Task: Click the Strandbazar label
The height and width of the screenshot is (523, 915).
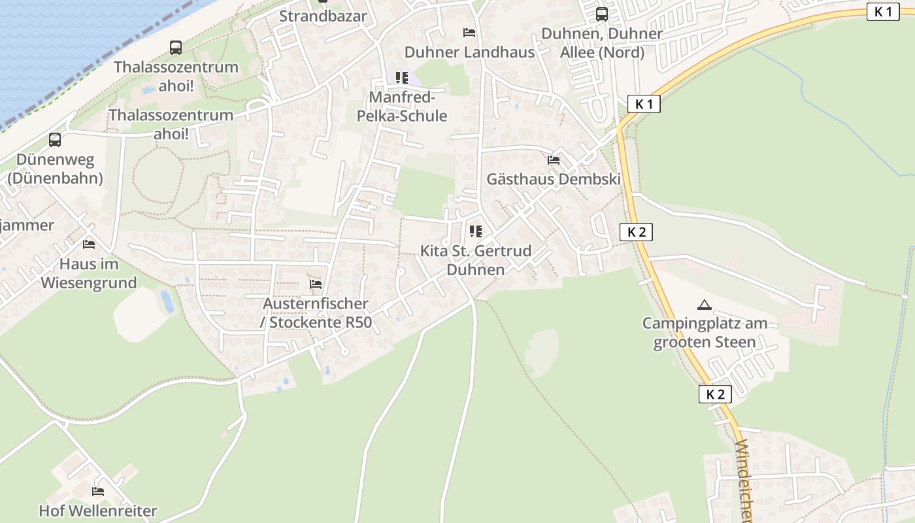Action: [x=323, y=16]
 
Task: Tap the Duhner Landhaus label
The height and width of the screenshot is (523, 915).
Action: [x=469, y=52]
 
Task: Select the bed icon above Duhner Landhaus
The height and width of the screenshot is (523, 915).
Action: [x=469, y=32]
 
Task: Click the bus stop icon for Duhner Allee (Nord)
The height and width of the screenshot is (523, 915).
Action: [x=602, y=14]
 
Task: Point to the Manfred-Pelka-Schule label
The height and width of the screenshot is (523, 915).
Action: [x=402, y=107]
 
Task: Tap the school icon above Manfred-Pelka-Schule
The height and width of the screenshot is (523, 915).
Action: [x=402, y=78]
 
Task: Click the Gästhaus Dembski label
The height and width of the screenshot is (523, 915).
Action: [x=554, y=179]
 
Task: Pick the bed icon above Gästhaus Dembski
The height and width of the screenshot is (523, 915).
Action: [x=554, y=160]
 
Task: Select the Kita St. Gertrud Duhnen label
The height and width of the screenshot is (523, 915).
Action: [x=475, y=260]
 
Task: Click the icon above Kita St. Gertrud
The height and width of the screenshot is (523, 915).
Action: [x=475, y=231]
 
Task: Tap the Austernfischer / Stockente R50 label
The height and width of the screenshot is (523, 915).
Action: [x=316, y=313]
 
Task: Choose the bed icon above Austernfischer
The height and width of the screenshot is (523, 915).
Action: [x=316, y=284]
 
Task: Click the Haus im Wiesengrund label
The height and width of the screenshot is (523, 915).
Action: [x=89, y=273]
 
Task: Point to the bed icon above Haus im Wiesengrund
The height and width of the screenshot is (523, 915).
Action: [x=89, y=245]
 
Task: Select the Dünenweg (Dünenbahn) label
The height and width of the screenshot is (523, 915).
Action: [x=55, y=169]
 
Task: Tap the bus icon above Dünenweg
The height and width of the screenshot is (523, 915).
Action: [x=55, y=139]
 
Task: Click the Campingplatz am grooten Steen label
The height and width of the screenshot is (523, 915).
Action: [x=705, y=332]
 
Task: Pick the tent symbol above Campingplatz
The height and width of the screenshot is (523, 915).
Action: [x=704, y=305]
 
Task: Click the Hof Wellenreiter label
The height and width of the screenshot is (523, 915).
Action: [x=98, y=511]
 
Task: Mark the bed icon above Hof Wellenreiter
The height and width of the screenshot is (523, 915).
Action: [x=98, y=491]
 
